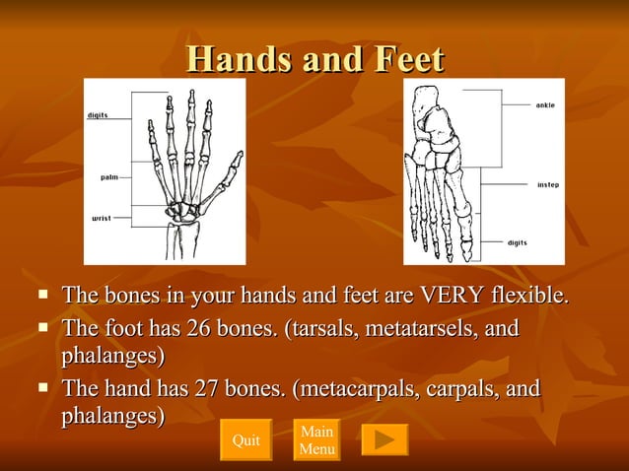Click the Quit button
245,440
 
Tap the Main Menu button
316,440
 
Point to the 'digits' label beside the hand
98,115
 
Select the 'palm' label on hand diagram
109,177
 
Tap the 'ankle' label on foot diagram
544,104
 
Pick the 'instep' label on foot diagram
547,184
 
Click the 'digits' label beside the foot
517,242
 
